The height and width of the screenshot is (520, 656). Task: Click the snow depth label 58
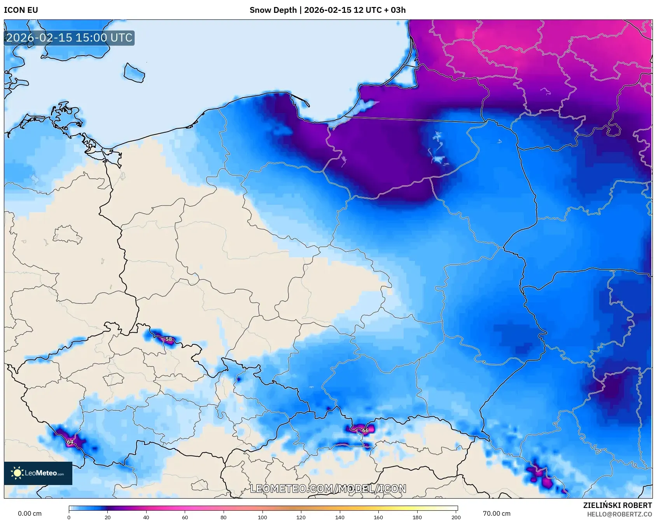point(169,339)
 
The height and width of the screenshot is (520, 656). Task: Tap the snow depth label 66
point(365,430)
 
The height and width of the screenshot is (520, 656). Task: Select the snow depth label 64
point(70,442)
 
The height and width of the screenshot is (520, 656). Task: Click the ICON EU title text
point(21,10)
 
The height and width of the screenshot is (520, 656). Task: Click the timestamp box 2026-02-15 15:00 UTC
point(69,38)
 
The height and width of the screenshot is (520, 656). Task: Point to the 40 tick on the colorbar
point(146,517)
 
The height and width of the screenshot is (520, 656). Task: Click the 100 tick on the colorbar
point(262,517)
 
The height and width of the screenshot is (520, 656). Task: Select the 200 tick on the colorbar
point(456,517)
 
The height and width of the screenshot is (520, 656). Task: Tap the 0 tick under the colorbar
point(69,517)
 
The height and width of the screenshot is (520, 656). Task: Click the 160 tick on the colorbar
point(378,517)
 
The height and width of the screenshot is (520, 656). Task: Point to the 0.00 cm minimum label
point(30,513)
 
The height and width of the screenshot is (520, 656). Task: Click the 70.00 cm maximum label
point(497,513)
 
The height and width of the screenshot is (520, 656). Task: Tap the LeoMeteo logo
point(38,473)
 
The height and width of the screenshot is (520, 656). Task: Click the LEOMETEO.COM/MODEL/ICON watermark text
point(328,489)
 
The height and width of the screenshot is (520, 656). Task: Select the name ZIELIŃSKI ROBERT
point(617,505)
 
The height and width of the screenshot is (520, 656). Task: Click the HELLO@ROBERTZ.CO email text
point(619,514)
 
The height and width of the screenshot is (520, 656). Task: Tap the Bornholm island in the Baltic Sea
point(134,73)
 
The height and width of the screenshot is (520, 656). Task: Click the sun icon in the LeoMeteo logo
point(17,473)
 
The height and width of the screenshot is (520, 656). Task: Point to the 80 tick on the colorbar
point(224,517)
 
